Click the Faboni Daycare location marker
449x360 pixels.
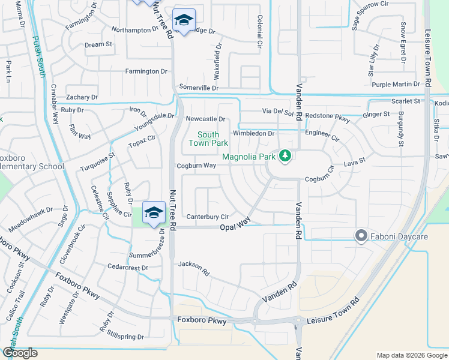[361, 236]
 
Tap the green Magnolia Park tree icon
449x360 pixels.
[286, 157]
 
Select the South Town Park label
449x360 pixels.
[208, 139]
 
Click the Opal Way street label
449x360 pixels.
[235, 226]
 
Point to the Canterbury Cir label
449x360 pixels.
[208, 217]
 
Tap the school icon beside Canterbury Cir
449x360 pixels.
[154, 213]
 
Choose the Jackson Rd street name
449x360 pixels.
[194, 268]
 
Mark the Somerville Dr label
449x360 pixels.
[199, 88]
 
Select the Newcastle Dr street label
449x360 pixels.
[205, 119]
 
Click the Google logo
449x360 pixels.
[20, 353]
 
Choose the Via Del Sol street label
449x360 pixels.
[277, 112]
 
